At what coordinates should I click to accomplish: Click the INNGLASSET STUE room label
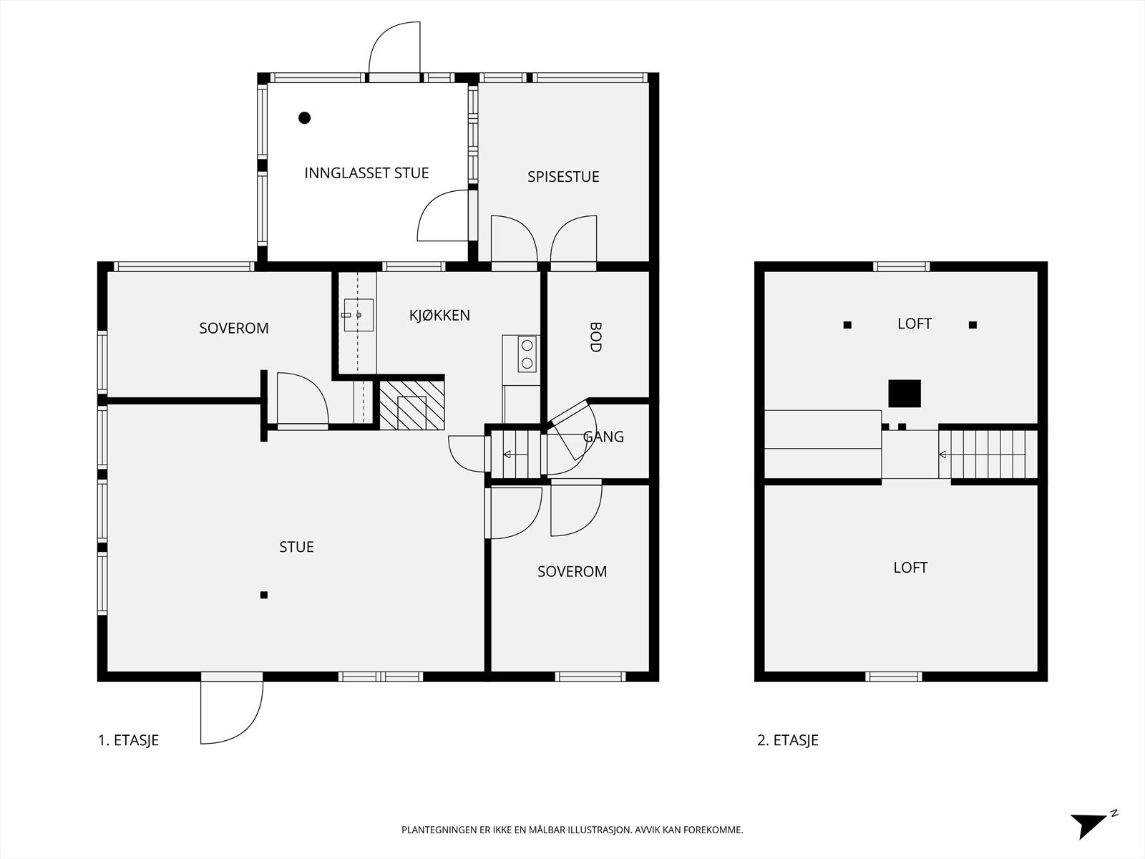click(x=366, y=173)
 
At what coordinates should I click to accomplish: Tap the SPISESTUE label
click(x=563, y=177)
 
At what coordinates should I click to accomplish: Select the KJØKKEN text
click(x=439, y=315)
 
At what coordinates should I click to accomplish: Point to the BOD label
click(x=595, y=337)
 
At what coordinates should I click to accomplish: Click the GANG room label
click(x=603, y=437)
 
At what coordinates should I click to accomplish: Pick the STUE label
click(x=296, y=547)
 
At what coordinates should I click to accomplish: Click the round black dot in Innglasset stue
click(x=305, y=118)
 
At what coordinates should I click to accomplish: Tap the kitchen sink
click(x=358, y=315)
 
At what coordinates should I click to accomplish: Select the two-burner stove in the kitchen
click(x=527, y=354)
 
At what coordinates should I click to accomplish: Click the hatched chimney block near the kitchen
click(x=411, y=405)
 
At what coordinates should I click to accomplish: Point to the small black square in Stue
click(x=264, y=595)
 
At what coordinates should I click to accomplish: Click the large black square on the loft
click(x=905, y=393)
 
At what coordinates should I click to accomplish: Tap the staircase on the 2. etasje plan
click(x=988, y=455)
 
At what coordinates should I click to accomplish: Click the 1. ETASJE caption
click(x=128, y=740)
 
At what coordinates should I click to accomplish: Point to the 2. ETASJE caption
click(x=788, y=740)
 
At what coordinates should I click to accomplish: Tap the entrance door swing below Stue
click(x=232, y=712)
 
